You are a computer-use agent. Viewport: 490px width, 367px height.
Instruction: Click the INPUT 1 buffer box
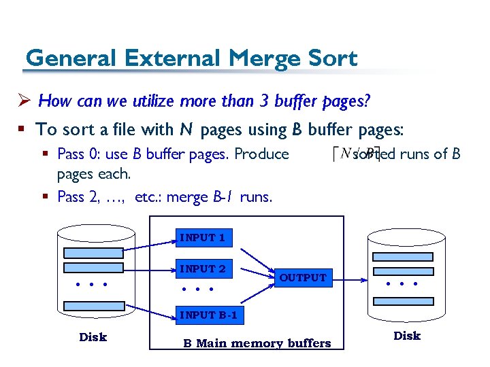click(x=202, y=237)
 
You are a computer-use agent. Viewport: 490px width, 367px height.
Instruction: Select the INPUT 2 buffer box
click(x=202, y=268)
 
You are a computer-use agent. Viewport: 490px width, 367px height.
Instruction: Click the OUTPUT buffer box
click(x=302, y=277)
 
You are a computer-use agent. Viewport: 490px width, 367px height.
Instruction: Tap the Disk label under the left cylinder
click(x=93, y=337)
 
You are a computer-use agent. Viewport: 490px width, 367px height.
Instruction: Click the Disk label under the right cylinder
click(x=407, y=336)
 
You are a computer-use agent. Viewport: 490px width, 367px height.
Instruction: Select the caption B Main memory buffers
click(x=257, y=343)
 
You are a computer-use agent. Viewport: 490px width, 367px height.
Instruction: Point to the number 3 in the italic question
click(x=265, y=102)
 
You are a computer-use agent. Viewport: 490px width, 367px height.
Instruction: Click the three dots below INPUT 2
click(x=199, y=289)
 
